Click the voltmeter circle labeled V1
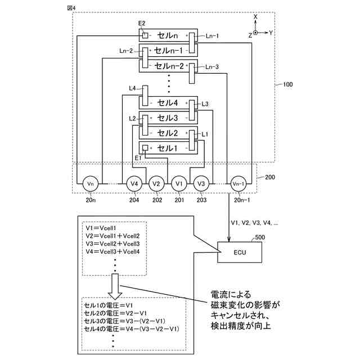pos(179,183)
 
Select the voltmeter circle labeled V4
pos(134,183)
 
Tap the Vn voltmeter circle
pos(90,183)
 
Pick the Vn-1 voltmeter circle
pos(238,183)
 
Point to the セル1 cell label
pos(167,148)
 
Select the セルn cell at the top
pos(167,35)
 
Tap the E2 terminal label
pos(142,23)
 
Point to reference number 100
pos(287,85)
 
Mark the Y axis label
pos(271,33)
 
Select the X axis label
pos(255,17)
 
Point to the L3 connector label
pos(205,103)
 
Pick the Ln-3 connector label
pos(212,67)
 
